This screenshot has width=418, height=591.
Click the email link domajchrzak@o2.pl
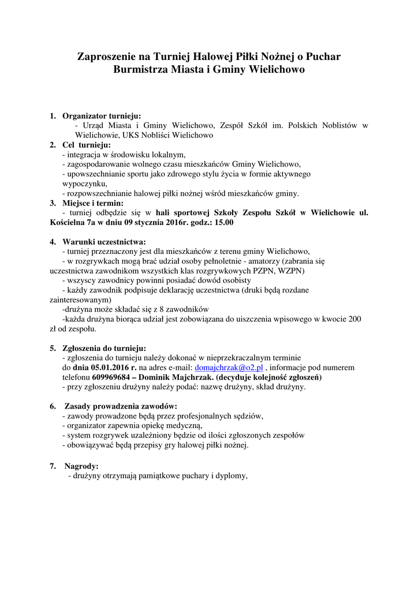(x=229, y=367)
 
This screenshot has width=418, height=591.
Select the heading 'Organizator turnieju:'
(x=102, y=115)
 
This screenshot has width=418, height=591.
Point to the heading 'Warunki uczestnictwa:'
(x=104, y=241)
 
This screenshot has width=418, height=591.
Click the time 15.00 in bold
(x=224, y=222)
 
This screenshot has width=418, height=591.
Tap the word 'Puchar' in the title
(x=321, y=57)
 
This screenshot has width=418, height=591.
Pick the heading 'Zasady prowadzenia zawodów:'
(x=120, y=406)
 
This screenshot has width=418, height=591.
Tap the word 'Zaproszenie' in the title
(x=108, y=57)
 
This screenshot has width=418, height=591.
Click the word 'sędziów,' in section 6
(x=247, y=416)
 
